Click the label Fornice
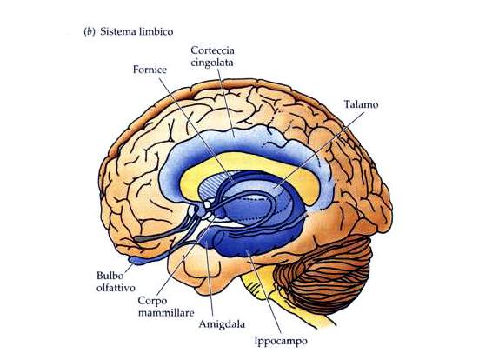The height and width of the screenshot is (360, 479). tap(150, 70)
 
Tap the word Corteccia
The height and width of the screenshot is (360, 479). tap(212, 50)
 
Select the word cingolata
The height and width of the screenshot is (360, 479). tap(212, 63)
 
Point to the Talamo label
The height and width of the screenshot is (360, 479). tap(361, 104)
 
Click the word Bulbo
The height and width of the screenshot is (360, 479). tap(110, 276)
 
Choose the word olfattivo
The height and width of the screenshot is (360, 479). tap(116, 288)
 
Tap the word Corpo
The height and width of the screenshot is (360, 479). tap(152, 301)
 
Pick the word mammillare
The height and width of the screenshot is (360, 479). tap(166, 313)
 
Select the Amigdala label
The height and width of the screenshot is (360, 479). tap(222, 324)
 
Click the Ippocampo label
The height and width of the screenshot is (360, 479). tap(281, 341)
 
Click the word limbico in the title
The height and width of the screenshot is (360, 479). tap(156, 31)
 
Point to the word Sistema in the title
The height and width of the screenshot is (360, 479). tap(117, 31)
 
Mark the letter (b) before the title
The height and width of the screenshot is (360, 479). tap(89, 31)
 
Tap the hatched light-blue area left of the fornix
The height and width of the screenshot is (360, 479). tap(212, 187)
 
